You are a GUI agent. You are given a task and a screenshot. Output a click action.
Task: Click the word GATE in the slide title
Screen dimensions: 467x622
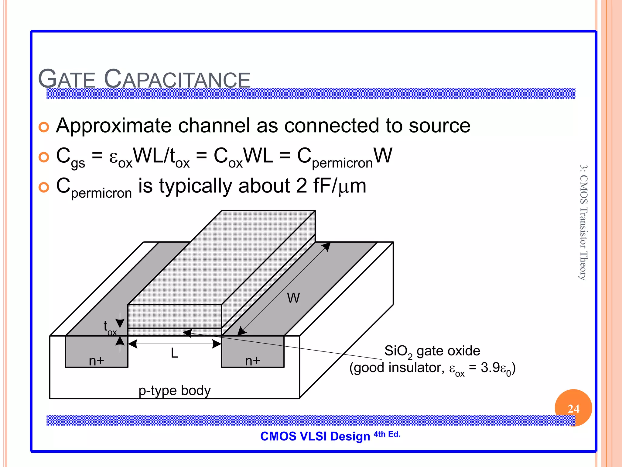(x=67, y=79)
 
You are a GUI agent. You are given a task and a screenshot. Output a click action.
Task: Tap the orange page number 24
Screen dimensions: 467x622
(x=573, y=409)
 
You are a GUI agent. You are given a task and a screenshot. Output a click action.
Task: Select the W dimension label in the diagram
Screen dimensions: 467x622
(x=293, y=298)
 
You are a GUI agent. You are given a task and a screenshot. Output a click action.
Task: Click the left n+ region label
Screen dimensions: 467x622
(x=97, y=361)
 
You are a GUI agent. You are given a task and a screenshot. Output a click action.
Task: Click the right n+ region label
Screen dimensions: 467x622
(x=253, y=361)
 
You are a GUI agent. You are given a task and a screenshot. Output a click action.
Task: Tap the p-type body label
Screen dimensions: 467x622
(x=175, y=390)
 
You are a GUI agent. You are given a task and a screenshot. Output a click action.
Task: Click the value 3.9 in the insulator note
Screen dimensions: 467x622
(x=490, y=368)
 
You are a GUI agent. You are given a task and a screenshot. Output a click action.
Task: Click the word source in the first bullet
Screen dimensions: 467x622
(x=439, y=126)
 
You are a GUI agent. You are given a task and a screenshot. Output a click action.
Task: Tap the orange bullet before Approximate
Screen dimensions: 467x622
(x=44, y=127)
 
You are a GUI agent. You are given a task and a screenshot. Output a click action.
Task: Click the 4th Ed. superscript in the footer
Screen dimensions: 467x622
(x=387, y=434)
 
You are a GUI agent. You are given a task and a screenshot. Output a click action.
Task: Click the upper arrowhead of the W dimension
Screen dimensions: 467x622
(x=326, y=246)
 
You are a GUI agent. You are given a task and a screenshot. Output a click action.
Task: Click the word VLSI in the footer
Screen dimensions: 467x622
(x=313, y=436)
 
